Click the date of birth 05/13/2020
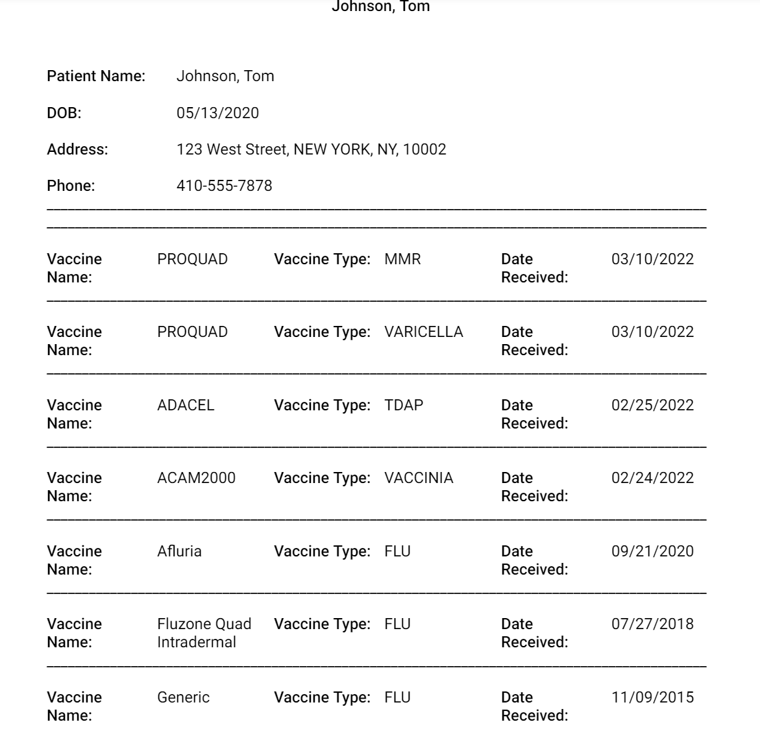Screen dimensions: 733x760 (217, 113)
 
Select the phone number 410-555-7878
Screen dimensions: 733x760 (224, 186)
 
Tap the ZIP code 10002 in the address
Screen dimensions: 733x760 (424, 149)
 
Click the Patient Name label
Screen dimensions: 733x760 (96, 76)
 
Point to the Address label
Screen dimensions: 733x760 (77, 149)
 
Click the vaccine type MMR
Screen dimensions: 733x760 (402, 259)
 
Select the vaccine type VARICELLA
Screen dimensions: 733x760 (423, 332)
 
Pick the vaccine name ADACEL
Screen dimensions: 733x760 (186, 405)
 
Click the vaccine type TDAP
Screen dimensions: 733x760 (404, 405)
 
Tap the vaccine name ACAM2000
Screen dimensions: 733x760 (196, 478)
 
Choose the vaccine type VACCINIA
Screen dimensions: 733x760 (419, 478)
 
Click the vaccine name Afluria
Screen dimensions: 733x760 (179, 551)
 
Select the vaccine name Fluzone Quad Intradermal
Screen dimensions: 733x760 (204, 633)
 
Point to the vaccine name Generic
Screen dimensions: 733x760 (183, 697)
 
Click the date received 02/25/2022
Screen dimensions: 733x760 (652, 405)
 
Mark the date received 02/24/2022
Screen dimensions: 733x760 (652, 478)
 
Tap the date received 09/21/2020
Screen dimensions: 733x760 (652, 551)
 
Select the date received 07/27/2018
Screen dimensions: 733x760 (652, 624)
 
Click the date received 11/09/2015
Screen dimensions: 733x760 (652, 697)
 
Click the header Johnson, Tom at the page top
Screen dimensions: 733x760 (380, 6)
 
